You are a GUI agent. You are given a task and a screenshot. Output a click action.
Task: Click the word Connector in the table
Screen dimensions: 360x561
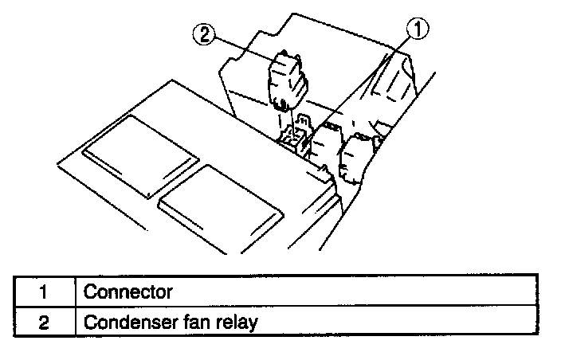[127, 292]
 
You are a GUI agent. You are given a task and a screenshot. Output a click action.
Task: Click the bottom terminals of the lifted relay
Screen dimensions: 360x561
[280, 103]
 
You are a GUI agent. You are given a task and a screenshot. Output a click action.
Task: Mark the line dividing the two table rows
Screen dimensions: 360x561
[279, 308]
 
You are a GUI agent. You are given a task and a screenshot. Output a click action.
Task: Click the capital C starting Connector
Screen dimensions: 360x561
[90, 292]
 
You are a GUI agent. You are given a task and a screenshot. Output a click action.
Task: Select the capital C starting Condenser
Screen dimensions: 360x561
[90, 323]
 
